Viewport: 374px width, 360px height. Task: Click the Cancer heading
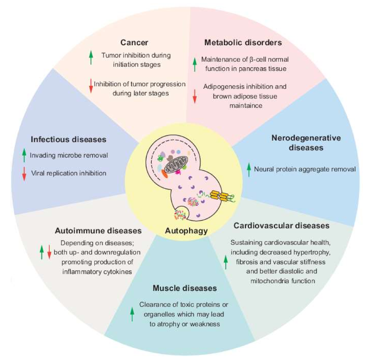pos(134,43)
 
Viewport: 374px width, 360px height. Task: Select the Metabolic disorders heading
pos(243,43)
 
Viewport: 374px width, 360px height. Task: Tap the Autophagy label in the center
pos(186,231)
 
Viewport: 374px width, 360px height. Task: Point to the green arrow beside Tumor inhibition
pos(91,58)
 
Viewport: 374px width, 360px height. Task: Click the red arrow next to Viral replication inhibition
pos(24,174)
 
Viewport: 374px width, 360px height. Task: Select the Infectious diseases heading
pos(68,139)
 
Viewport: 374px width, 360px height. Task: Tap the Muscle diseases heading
pos(185,288)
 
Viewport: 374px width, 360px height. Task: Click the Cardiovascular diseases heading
pos(281,226)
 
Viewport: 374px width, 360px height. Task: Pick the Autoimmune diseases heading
pos(98,231)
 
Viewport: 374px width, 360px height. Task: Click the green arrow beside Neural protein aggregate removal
pos(249,170)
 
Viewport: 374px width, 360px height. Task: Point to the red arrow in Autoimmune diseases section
pos(49,252)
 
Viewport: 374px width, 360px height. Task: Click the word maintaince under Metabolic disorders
pos(246,106)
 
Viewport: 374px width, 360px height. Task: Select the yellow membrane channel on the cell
pos(219,196)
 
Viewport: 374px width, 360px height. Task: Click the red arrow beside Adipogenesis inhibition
pos(195,96)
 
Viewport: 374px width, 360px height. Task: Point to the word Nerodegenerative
pos(306,138)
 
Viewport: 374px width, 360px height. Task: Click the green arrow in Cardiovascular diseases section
pos(226,262)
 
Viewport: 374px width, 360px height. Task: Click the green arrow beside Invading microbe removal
pos(24,155)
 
